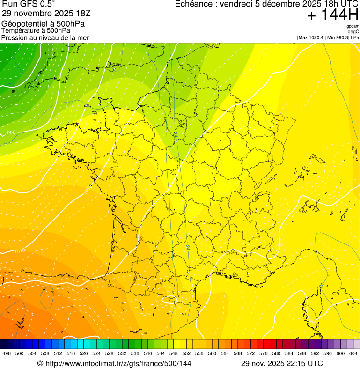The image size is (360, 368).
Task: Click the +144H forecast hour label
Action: tap(332, 15)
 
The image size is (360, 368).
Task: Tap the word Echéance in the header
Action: tap(194, 4)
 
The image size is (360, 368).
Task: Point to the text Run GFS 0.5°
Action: tap(28, 5)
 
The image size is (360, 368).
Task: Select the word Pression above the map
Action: tap(14, 37)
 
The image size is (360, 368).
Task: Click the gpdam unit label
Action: tap(353, 26)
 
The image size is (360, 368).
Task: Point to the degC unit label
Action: tap(353, 32)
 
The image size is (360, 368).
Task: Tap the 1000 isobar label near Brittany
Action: tap(9, 133)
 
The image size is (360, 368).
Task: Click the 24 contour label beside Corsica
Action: tap(321, 286)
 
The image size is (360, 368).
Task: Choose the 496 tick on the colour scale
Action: tap(7, 353)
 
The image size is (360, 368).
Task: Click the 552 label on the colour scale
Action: tap(186, 353)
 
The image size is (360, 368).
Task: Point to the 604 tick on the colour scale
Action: tap(353, 353)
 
